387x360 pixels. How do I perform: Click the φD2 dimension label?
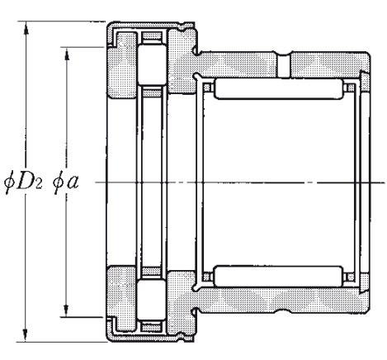tap(23, 182)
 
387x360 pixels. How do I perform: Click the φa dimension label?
tap(65, 182)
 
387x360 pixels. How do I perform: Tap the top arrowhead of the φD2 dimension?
tap(26, 28)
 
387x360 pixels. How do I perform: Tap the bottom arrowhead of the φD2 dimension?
tap(26, 335)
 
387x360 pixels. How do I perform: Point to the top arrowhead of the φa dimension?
tap(66, 54)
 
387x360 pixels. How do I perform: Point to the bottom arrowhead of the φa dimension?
tap(66, 310)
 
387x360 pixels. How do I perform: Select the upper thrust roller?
tap(152, 64)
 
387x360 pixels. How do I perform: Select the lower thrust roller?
tap(152, 300)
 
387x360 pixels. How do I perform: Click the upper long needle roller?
tap(278, 88)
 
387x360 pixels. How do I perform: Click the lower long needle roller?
tap(278, 276)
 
